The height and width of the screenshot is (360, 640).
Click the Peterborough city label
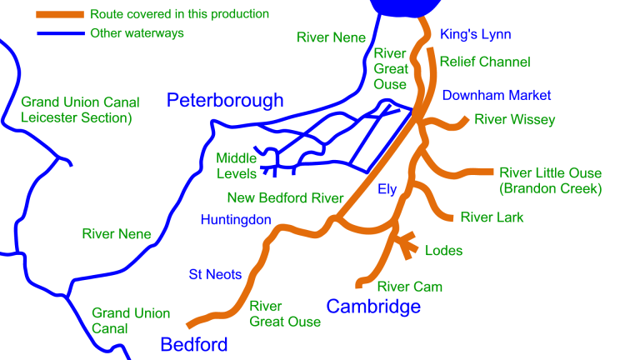(x=225, y=101)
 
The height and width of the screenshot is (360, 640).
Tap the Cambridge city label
(x=373, y=307)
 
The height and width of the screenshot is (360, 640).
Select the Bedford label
(x=194, y=344)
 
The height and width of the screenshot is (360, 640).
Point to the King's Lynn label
(x=475, y=34)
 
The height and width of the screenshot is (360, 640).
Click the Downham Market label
(x=497, y=95)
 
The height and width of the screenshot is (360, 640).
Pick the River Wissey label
(x=514, y=120)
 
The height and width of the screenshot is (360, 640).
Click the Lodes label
(x=443, y=250)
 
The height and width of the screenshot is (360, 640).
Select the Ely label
(x=387, y=189)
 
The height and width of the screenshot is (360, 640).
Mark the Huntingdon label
(x=236, y=220)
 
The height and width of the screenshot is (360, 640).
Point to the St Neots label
(x=215, y=274)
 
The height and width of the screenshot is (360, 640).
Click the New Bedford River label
(x=285, y=198)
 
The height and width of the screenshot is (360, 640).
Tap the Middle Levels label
(x=237, y=166)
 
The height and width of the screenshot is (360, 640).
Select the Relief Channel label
(x=485, y=62)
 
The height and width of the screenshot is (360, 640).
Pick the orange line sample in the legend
(x=59, y=15)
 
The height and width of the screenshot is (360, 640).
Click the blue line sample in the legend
(x=59, y=33)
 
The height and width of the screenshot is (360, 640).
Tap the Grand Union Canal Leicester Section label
(x=80, y=110)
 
